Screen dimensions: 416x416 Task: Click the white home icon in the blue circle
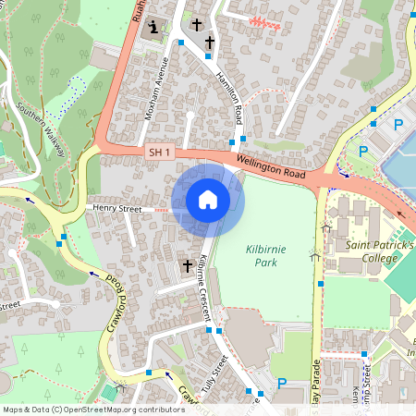(208, 200)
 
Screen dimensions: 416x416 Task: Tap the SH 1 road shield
(159, 151)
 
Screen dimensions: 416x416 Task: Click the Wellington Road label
(269, 166)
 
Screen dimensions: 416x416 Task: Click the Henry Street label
(116, 210)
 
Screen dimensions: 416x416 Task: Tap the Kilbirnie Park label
(267, 256)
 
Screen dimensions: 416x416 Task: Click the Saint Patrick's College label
(379, 251)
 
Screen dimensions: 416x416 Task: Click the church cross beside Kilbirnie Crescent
(187, 266)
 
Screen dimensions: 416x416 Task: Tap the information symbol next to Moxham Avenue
(153, 28)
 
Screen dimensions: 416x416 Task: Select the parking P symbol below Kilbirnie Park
(282, 384)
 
